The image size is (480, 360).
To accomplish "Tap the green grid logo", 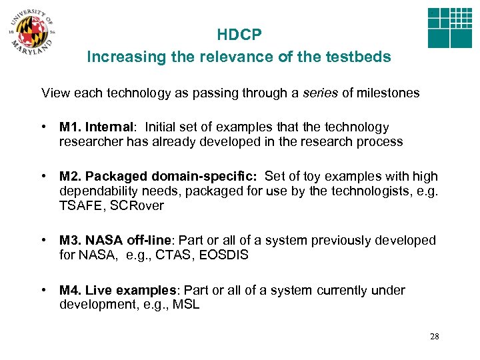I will pos(449,29).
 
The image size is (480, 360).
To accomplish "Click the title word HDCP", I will pos(239,35).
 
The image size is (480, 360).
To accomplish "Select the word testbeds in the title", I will pos(358,57).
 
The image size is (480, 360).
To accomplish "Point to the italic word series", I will pos(319,93).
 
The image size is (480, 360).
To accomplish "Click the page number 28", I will pos(435,337).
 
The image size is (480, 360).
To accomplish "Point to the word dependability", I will pos(101,191).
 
